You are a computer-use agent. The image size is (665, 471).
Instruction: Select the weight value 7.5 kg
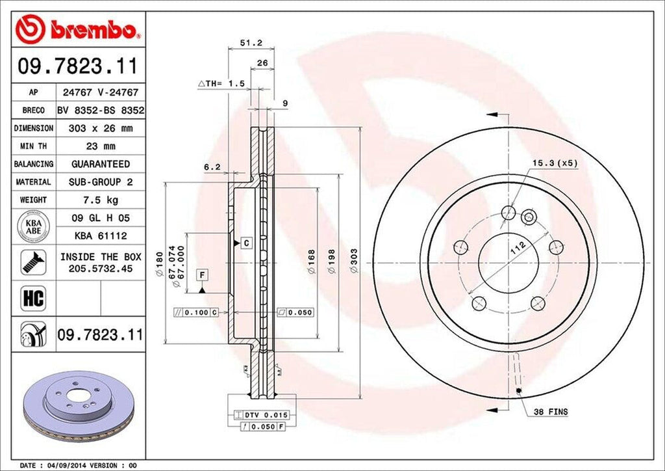point(100,200)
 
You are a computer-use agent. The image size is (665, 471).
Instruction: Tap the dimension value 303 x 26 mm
point(100,129)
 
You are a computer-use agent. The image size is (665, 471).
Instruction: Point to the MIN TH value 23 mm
point(100,146)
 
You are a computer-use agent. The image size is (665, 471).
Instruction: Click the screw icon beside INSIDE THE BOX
point(30,262)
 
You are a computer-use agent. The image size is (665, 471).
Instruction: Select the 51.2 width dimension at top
point(251,43)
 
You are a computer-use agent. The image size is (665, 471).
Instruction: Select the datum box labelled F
point(202,275)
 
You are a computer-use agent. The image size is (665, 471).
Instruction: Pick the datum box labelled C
point(246,243)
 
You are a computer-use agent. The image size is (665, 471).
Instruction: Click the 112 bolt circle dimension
point(518,248)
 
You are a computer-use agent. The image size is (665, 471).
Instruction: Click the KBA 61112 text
point(100,235)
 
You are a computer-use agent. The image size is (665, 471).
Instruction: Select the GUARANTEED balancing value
point(100,164)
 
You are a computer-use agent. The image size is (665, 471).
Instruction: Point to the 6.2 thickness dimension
point(212,167)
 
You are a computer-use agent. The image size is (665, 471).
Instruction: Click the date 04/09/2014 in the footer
point(66,465)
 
